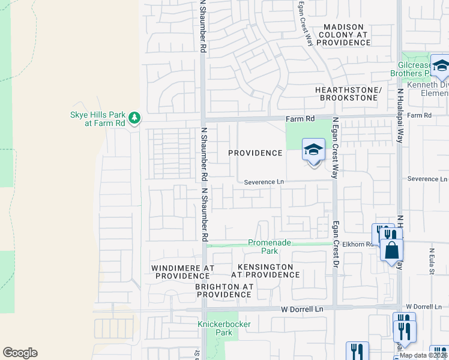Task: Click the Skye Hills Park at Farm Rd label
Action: coord(96,119)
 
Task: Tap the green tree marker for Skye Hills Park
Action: coord(136,116)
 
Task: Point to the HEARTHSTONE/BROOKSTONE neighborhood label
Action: coord(349,94)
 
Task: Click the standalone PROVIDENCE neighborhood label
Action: coord(255,153)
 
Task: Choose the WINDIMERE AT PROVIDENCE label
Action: coord(181,271)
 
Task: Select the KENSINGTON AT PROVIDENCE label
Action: coord(265,271)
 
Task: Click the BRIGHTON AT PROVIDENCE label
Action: coord(224,291)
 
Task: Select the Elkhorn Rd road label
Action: coord(358,245)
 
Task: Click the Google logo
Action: coord(20,353)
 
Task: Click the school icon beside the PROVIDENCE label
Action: coord(313,151)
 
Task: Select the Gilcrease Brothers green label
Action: coord(415,69)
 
